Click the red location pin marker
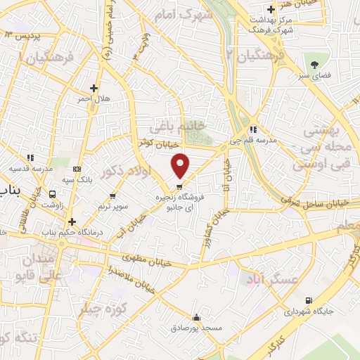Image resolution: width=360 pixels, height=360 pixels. tap(181, 165)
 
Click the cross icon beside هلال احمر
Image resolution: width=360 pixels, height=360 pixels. tap(94, 88)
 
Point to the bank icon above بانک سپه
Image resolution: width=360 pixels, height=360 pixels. tap(77, 169)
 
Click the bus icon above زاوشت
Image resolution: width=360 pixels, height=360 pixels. tap(53, 194)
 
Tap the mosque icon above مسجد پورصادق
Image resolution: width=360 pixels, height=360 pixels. tap(197, 317)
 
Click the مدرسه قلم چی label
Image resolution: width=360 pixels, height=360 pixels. tap(252, 140)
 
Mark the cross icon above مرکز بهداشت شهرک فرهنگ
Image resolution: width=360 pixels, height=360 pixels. tap(270, 11)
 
